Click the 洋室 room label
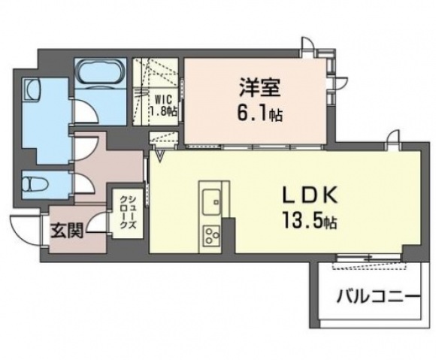coord(259,87)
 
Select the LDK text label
coord(310,195)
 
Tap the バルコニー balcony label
coord(378,297)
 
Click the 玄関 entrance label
coord(67,231)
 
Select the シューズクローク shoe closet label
coord(128,213)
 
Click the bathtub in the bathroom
coord(100,71)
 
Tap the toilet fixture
coord(35,184)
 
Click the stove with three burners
coord(212,235)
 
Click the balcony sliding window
coord(368,258)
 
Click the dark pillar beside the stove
coord(229,235)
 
